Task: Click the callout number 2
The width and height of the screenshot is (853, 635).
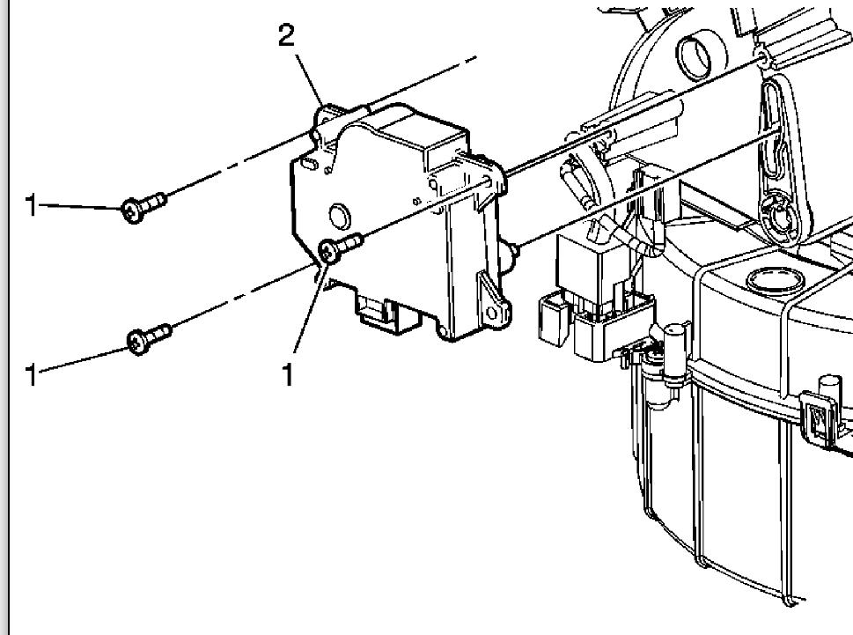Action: tap(286, 36)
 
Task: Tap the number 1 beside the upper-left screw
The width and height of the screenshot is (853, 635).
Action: tap(32, 206)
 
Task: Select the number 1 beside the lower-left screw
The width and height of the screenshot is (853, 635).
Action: tap(32, 375)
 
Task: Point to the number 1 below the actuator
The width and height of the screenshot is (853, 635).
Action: tap(287, 375)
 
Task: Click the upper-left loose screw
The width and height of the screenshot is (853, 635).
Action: tap(141, 208)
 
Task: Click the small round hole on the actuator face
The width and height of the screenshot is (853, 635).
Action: tap(336, 214)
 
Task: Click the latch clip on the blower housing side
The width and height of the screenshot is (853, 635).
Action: tap(821, 419)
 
